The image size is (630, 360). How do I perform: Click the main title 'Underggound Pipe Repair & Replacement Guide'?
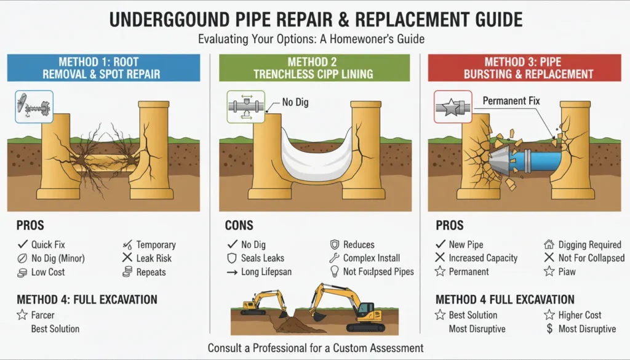click(315, 18)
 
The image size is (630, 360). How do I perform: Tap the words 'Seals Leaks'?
click(263, 258)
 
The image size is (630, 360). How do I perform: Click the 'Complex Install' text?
click(371, 258)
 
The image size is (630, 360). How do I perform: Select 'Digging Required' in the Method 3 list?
click(589, 245)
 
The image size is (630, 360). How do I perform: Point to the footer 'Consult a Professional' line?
click(315, 348)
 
